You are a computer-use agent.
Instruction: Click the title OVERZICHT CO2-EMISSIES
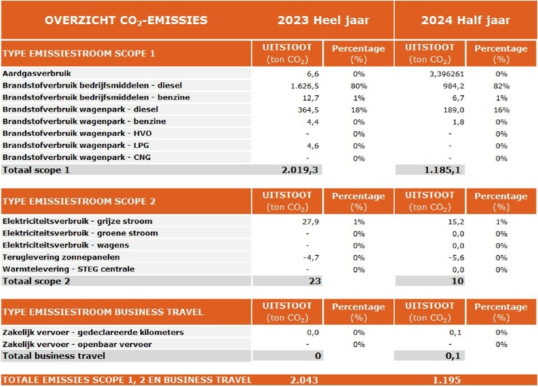pyautogui.click(x=126, y=20)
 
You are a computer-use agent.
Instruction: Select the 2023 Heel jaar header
pyautogui.click(x=323, y=20)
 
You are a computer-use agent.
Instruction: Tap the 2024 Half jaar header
pyautogui.click(x=466, y=20)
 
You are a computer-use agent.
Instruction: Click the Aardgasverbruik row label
pyautogui.click(x=37, y=73)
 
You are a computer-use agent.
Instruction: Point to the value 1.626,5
pyautogui.click(x=305, y=86)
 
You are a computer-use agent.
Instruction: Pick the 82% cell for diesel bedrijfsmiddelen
pyautogui.click(x=501, y=86)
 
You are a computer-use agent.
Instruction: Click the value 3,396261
pyautogui.click(x=447, y=74)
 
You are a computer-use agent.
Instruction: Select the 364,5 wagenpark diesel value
pyautogui.click(x=308, y=110)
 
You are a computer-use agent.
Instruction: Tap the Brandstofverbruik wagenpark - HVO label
pyautogui.click(x=77, y=134)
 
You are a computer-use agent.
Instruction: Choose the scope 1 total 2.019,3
pyautogui.click(x=300, y=170)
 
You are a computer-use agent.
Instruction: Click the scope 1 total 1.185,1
pyautogui.click(x=442, y=170)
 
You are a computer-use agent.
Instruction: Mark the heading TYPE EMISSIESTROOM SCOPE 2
pyautogui.click(x=79, y=201)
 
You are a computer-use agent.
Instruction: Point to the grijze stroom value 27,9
pyautogui.click(x=311, y=222)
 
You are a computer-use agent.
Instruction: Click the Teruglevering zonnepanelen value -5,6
pyautogui.click(x=456, y=258)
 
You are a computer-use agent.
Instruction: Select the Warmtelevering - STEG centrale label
pyautogui.click(x=68, y=269)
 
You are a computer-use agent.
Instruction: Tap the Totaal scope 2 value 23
pyautogui.click(x=315, y=281)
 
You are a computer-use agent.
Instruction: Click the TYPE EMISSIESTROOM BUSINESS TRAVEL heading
pyautogui.click(x=103, y=312)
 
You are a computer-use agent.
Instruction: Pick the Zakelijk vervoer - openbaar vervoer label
pyautogui.click(x=77, y=345)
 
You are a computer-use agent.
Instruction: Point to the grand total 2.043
pyautogui.click(x=304, y=380)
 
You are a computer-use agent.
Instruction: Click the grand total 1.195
pyautogui.click(x=447, y=380)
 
